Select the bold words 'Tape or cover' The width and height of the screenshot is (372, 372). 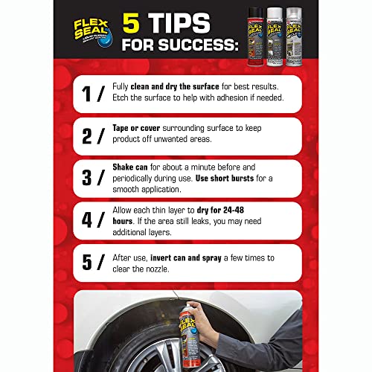(135, 127)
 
